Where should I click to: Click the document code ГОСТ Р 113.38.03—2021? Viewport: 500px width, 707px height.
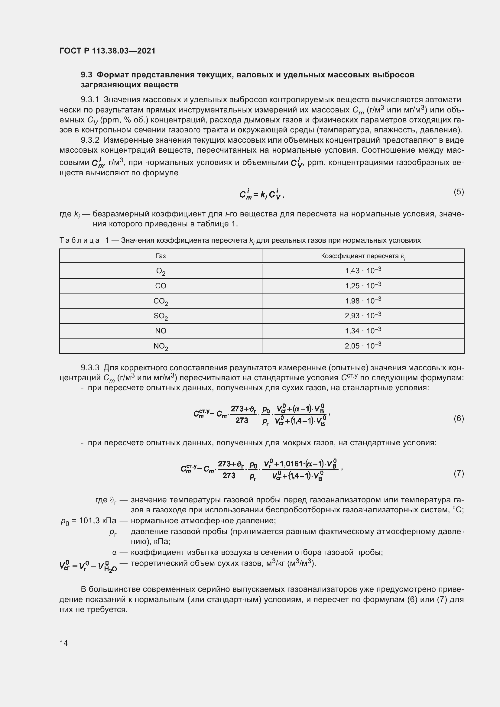click(x=107, y=51)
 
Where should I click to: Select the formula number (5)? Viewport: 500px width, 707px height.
click(x=459, y=192)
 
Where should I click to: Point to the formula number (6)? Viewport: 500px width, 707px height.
click(x=459, y=418)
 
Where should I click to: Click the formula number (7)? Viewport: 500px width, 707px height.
click(x=459, y=473)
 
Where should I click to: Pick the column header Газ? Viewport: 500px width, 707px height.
click(x=161, y=256)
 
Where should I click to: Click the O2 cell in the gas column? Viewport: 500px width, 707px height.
click(x=161, y=271)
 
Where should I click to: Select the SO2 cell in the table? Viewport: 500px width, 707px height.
click(x=161, y=316)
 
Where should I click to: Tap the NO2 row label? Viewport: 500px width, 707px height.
click(x=161, y=346)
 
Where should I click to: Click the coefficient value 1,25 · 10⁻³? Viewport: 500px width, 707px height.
click(x=363, y=285)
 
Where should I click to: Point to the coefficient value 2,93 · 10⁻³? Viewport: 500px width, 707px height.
click(x=363, y=316)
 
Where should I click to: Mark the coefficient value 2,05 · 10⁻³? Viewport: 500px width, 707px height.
click(x=363, y=345)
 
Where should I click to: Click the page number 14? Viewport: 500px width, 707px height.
click(x=64, y=643)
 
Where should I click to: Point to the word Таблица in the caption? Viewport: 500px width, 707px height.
click(x=80, y=240)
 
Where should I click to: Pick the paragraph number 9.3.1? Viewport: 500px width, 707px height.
click(x=90, y=99)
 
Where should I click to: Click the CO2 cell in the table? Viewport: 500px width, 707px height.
click(x=161, y=301)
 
